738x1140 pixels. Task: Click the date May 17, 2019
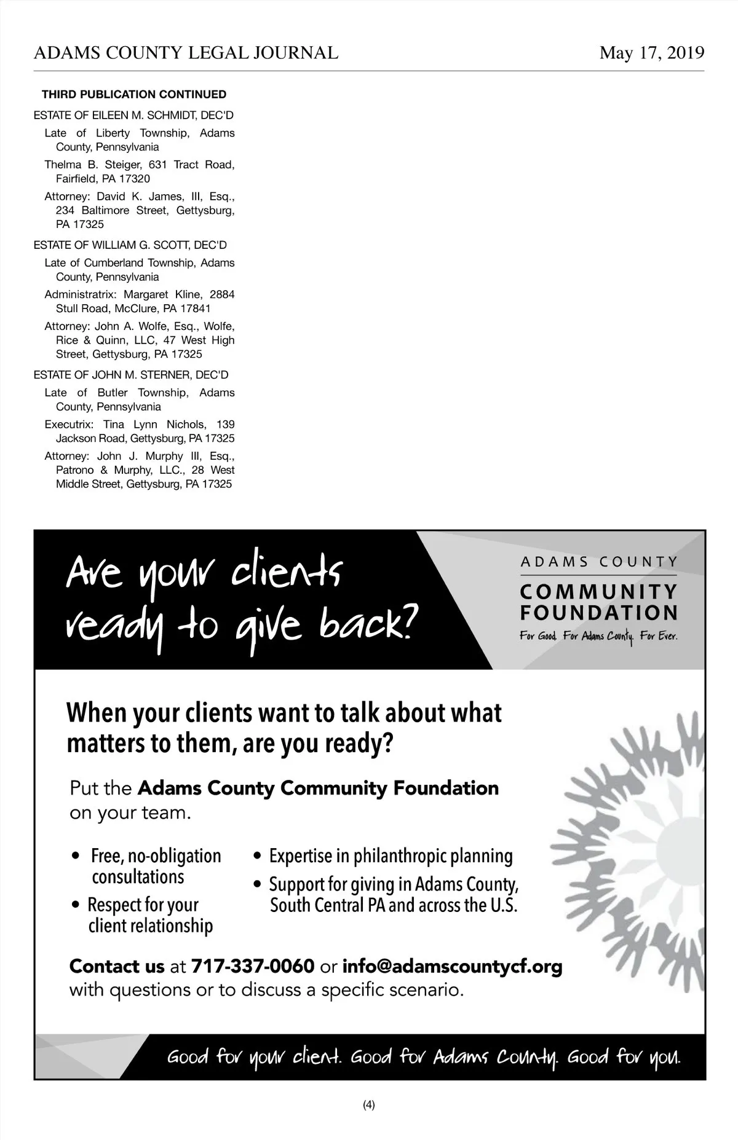[651, 53]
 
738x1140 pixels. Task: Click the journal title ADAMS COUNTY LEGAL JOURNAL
[186, 53]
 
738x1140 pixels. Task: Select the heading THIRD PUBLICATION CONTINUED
[133, 95]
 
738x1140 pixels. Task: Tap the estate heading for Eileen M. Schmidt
[133, 116]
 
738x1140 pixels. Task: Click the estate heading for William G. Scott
[130, 245]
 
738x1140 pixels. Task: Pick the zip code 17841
[195, 309]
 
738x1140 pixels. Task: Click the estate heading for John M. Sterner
[131, 375]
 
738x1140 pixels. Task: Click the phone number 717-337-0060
[253, 966]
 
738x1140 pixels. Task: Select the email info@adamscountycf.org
[452, 966]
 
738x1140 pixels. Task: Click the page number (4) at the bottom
[369, 1105]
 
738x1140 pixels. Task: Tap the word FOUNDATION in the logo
[599, 613]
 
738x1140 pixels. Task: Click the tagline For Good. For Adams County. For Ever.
[598, 636]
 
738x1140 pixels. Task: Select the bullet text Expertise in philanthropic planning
[391, 856]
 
